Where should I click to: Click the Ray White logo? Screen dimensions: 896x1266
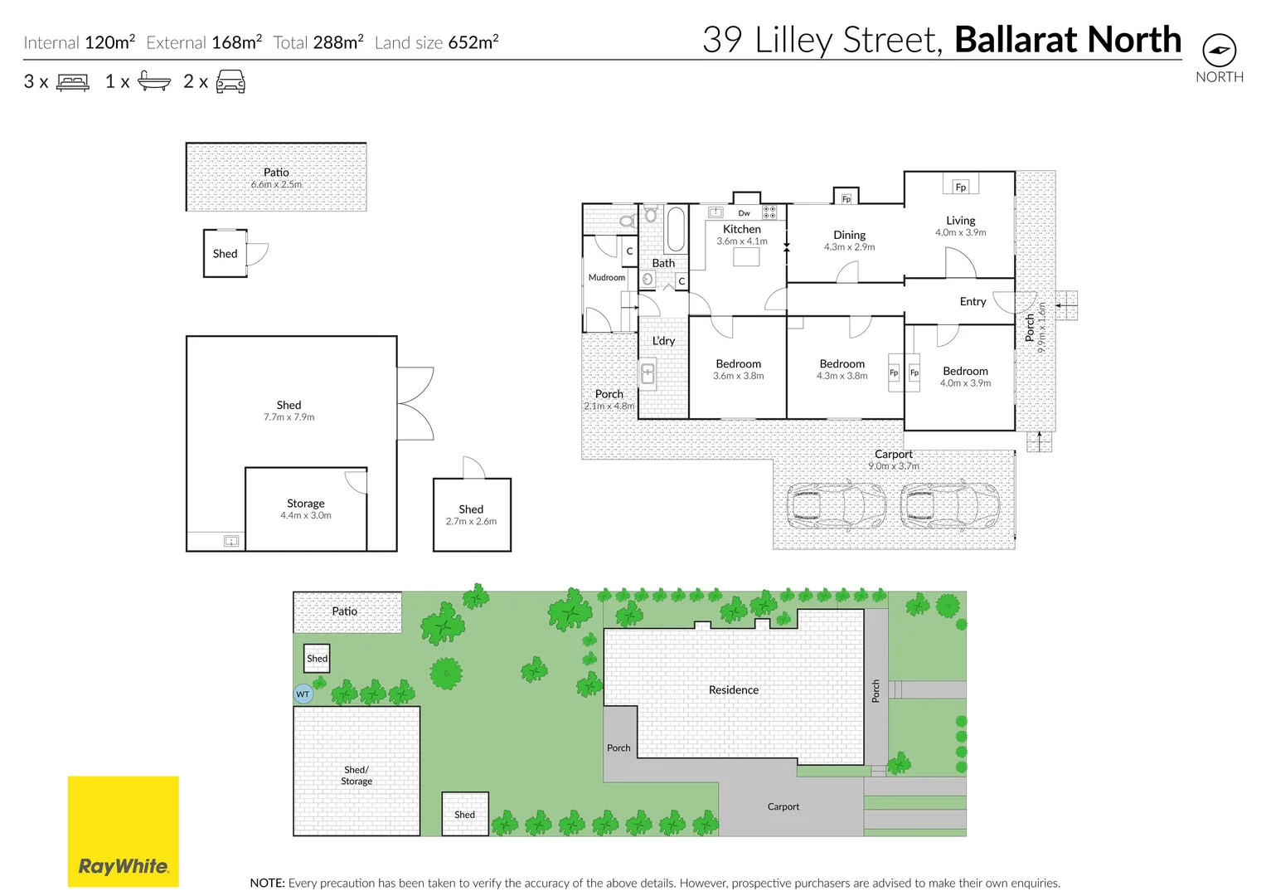point(123,831)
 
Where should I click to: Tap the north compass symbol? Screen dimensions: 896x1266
point(1219,51)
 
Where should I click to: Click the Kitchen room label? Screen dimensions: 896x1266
point(741,229)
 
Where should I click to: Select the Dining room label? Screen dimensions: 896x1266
point(849,235)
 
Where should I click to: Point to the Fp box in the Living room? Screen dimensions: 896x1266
point(960,187)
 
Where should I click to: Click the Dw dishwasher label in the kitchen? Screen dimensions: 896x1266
point(744,213)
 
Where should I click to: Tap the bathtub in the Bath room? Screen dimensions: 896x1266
point(676,229)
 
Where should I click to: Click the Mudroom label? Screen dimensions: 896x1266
point(606,278)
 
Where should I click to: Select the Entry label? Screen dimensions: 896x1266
point(973,301)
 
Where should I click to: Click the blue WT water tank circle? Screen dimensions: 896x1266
point(303,694)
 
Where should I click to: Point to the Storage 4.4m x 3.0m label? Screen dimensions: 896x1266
point(305,509)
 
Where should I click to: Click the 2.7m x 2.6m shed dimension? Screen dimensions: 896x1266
point(471,522)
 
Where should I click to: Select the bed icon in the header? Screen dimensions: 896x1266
point(73,82)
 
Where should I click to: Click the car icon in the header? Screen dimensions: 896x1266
point(230,81)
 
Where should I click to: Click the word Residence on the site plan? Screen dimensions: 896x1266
point(733,689)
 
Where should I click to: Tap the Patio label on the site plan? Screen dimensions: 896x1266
point(344,611)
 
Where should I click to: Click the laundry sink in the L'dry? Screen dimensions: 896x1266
point(648,375)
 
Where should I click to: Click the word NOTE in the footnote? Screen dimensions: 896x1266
point(267,883)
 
